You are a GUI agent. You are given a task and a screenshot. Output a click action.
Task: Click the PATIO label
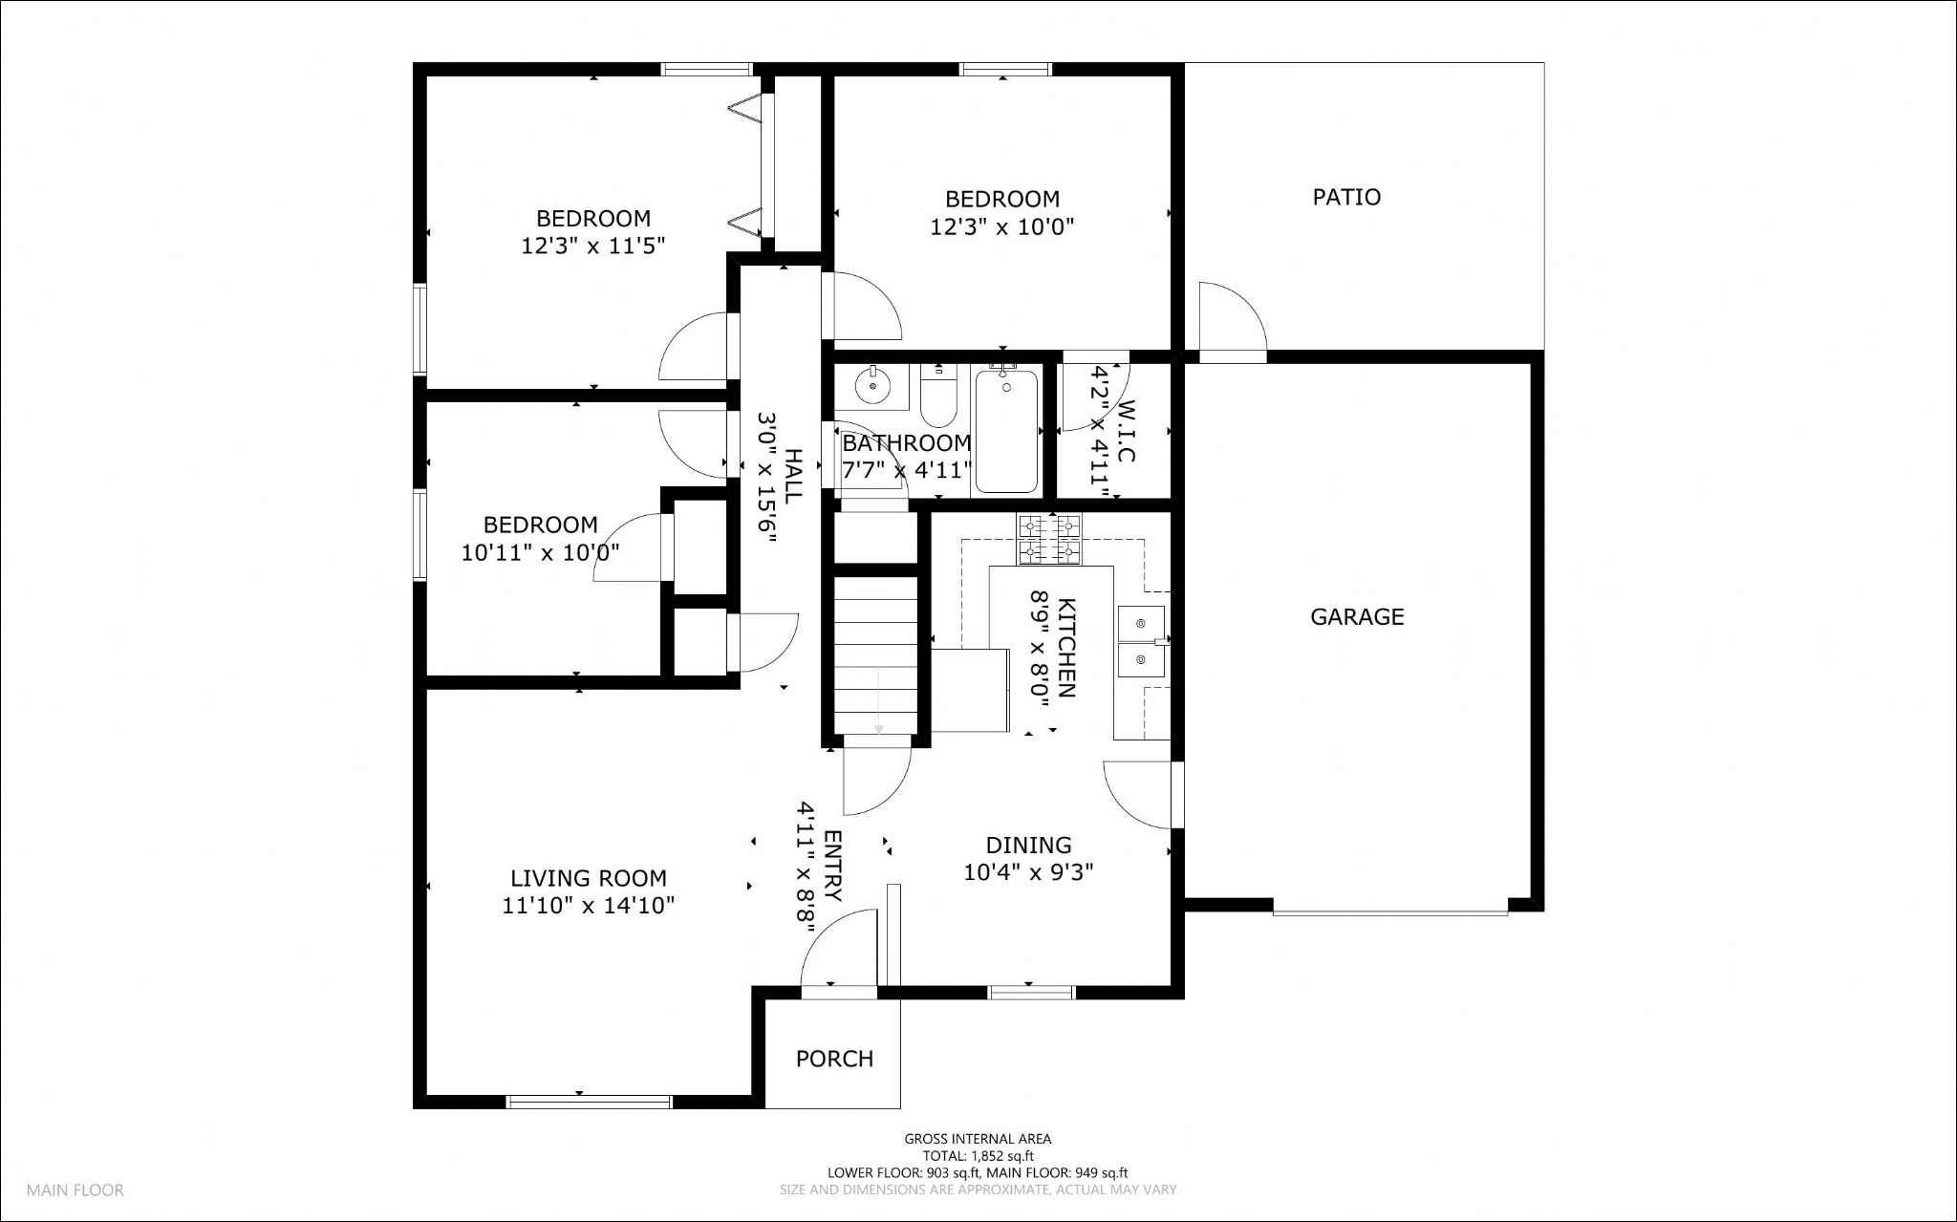coord(1346,197)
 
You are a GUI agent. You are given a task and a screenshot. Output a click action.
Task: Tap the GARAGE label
coord(1357,616)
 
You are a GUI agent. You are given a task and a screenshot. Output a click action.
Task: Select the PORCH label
coord(834,1059)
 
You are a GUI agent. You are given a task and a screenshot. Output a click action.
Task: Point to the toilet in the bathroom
coord(938,396)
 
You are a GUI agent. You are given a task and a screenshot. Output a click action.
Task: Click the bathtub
coord(1006,430)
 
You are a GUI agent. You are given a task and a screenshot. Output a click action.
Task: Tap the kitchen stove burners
coord(1049,540)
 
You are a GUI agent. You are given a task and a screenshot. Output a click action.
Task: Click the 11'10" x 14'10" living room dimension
coord(589,906)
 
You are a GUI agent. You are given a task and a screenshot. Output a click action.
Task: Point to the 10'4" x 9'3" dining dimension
coord(1028,872)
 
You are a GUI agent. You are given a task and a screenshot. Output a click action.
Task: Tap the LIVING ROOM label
coord(589,878)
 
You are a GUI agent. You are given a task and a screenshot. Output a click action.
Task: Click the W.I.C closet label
coord(1126,431)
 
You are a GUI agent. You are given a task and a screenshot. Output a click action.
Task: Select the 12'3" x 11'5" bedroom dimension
coord(592,246)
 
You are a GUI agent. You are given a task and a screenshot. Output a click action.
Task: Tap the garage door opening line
coord(1390,913)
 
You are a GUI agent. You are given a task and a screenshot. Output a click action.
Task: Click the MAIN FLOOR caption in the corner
coord(75,1190)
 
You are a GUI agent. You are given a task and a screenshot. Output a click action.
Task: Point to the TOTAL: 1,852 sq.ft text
coord(978,1156)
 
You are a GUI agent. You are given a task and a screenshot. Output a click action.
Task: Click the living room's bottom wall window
coord(589,1102)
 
